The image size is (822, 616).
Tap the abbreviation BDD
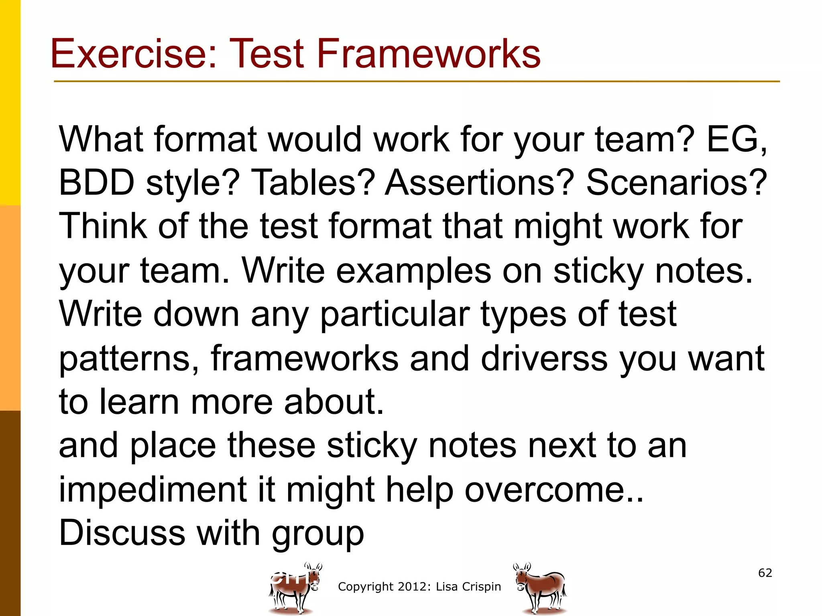pyautogui.click(x=96, y=182)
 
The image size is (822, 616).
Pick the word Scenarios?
pyautogui.click(x=677, y=182)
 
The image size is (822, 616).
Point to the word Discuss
pyautogui.click(x=122, y=533)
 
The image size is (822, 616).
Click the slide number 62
pyautogui.click(x=765, y=573)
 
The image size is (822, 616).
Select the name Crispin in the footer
pyautogui.click(x=482, y=587)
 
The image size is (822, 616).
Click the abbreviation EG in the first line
pyautogui.click(x=733, y=139)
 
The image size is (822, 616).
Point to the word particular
pyautogui.click(x=395, y=314)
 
